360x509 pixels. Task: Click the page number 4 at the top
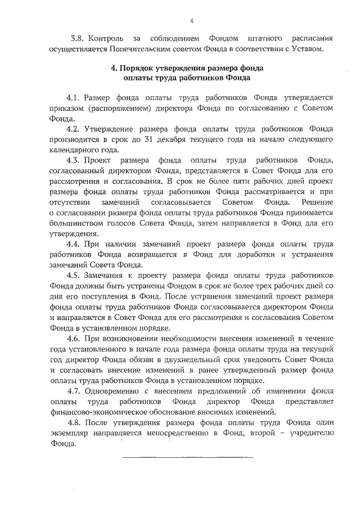tap(191, 21)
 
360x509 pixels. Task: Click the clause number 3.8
tap(77, 39)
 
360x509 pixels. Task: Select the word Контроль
tap(107, 39)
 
